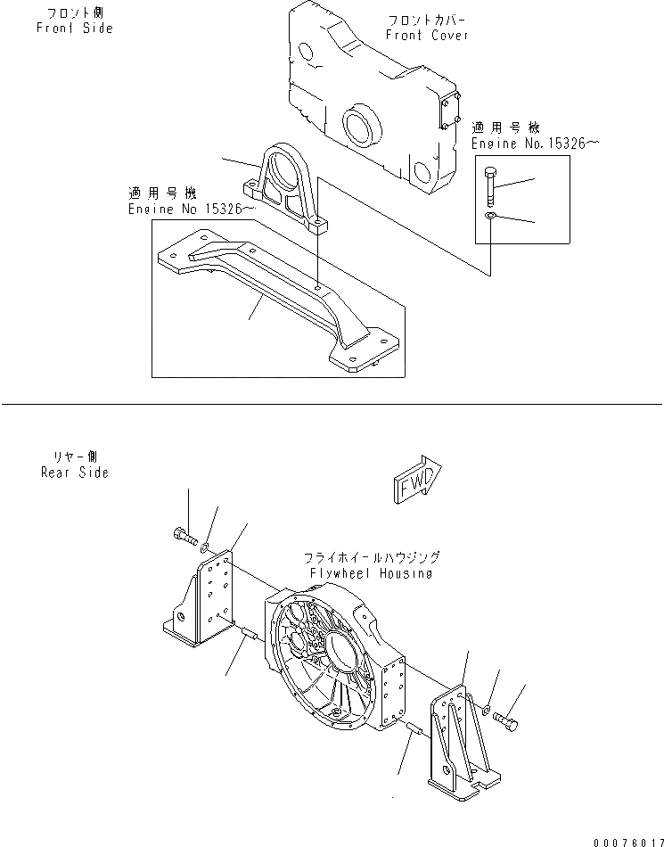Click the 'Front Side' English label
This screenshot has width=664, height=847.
pyautogui.click(x=75, y=29)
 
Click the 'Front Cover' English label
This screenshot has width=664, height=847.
pyautogui.click(x=427, y=35)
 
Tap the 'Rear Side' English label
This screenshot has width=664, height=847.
pyautogui.click(x=75, y=473)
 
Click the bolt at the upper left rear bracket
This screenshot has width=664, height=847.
pyautogui.click(x=182, y=535)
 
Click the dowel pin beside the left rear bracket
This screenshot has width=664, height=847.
pyautogui.click(x=248, y=635)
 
